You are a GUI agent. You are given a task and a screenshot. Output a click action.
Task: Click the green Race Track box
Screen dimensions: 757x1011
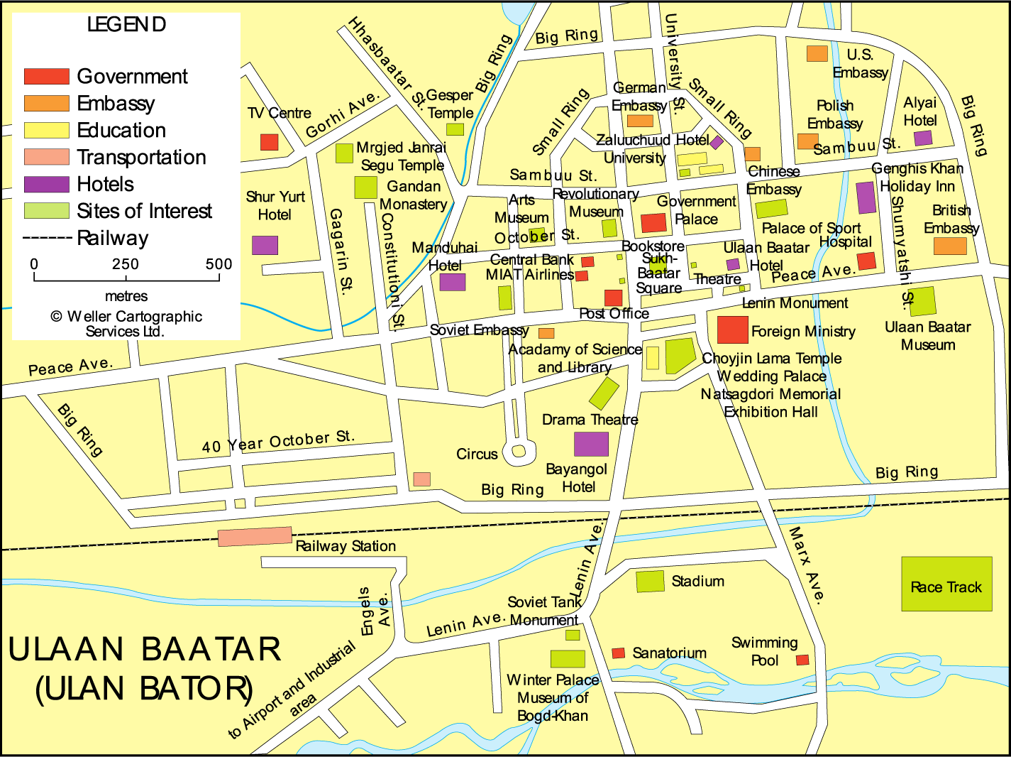(x=946, y=584)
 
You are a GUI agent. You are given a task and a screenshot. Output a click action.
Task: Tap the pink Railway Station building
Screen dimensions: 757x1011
(x=255, y=536)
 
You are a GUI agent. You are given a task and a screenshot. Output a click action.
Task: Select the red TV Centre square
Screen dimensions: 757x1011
(x=269, y=142)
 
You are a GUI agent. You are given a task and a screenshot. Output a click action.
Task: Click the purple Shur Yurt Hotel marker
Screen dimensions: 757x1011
(x=265, y=245)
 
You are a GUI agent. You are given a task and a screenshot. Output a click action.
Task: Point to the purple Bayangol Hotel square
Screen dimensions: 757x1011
(x=591, y=444)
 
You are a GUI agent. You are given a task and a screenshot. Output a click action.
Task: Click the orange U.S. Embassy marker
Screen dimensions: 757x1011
(x=817, y=53)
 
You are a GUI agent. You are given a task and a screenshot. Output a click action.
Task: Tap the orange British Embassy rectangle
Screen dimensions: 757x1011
(x=950, y=246)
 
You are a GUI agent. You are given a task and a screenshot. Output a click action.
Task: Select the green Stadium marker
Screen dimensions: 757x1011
(x=650, y=581)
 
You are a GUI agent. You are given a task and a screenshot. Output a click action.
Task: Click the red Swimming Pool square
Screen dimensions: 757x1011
(x=802, y=660)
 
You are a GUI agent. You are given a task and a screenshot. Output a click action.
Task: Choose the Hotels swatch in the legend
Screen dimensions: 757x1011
(x=46, y=185)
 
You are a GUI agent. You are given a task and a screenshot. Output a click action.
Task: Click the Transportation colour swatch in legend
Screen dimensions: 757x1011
(x=46, y=157)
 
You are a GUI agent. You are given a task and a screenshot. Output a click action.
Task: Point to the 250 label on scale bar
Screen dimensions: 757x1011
(x=126, y=264)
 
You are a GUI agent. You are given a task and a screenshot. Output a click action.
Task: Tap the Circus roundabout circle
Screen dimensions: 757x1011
(x=519, y=451)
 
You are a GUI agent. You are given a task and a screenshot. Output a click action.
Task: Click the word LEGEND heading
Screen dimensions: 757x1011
(x=126, y=25)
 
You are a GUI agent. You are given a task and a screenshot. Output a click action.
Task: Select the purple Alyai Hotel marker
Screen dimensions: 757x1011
(x=922, y=138)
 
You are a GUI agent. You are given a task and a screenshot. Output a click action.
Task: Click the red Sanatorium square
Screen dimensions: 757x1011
(x=619, y=653)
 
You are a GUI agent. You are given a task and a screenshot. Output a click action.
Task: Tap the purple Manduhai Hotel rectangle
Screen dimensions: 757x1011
(x=453, y=282)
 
